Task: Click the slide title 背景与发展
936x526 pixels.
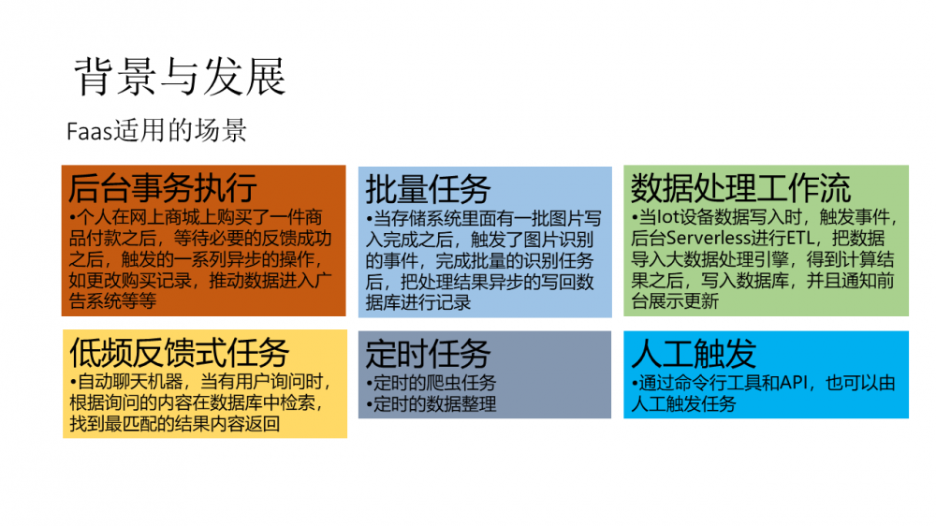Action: pos(179,77)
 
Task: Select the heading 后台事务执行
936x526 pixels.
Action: pos(162,188)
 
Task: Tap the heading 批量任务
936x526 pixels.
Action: pos(428,189)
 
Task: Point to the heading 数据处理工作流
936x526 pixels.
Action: pos(740,187)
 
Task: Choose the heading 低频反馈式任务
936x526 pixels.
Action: pos(179,353)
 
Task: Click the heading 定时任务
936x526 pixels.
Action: pos(428,353)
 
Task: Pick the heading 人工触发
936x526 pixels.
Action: pos(694,353)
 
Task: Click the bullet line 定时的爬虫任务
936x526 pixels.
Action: pos(434,383)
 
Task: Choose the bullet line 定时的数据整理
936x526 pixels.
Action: pos(434,404)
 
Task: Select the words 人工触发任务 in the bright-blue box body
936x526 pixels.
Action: pos(683,404)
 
